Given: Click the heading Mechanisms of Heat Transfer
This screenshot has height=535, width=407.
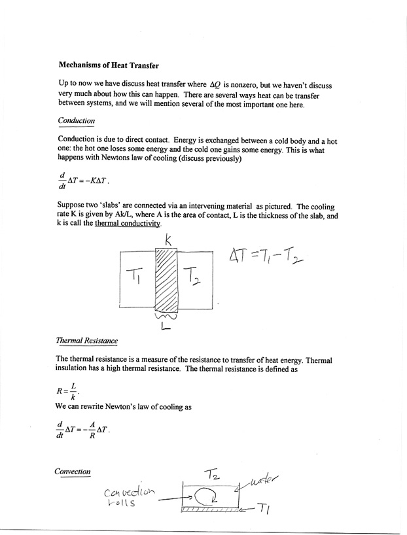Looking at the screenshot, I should [x=109, y=65].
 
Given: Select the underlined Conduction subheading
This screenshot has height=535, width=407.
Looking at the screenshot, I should [x=77, y=120].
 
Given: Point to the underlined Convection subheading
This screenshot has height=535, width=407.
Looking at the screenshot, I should [x=73, y=471].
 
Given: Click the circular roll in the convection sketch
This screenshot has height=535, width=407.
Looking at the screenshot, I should [x=211, y=501].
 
